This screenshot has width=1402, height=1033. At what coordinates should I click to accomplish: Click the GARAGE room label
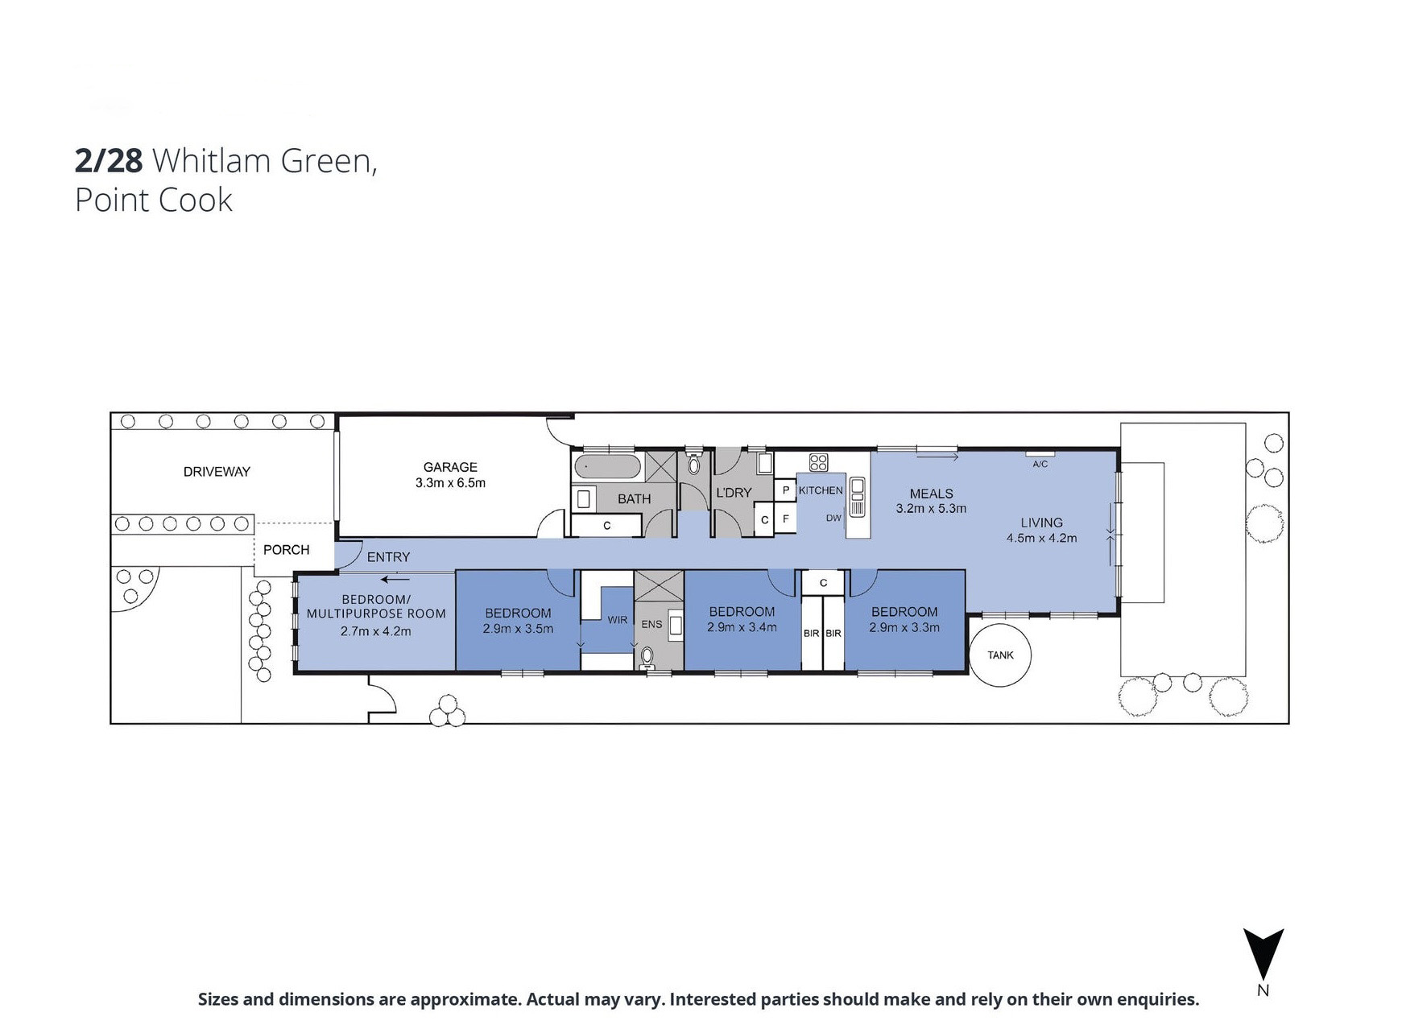coord(450,467)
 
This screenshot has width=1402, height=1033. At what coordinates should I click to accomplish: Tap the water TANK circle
coord(1000,655)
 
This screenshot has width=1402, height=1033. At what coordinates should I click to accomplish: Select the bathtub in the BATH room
coord(608,466)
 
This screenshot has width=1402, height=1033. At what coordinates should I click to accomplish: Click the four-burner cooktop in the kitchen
coord(818,462)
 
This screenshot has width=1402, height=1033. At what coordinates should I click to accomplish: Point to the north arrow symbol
coord(1263,954)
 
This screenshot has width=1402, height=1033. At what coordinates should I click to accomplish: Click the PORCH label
coord(286,550)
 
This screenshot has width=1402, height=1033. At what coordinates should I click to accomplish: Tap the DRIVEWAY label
coord(217,472)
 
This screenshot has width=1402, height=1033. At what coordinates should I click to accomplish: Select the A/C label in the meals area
coord(1040,465)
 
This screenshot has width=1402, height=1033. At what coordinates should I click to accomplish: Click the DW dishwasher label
coord(833,519)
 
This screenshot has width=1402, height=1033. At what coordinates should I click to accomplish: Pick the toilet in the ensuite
coord(647,659)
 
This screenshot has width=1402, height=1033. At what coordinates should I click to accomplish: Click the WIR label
coord(618,620)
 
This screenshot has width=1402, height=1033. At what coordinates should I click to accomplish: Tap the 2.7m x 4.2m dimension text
coord(375,631)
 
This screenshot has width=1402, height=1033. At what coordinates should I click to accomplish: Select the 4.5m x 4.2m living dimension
coord(1041,538)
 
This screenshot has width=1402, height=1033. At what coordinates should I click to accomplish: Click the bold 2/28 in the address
coord(109,161)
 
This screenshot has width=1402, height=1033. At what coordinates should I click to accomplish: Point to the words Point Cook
coord(154,200)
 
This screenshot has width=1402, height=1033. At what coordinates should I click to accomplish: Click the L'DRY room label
coord(734,493)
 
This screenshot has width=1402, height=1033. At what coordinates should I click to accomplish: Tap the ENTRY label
coord(388,557)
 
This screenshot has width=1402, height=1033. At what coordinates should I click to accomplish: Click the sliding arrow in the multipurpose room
coord(395,579)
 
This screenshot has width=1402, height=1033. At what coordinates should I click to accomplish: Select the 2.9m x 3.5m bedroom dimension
coord(518,629)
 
